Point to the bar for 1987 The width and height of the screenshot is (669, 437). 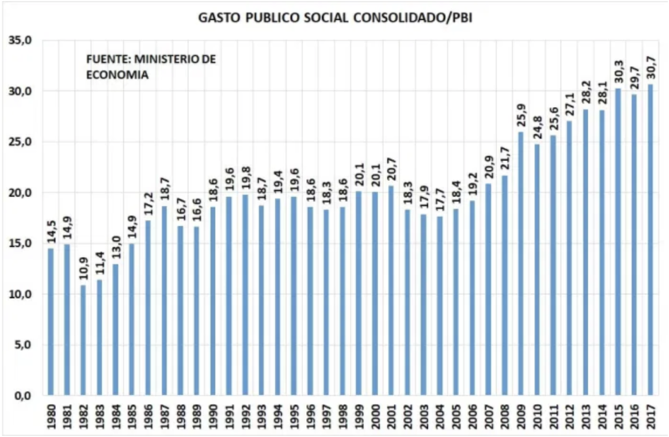point(164,301)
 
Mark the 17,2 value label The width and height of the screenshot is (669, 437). point(148,206)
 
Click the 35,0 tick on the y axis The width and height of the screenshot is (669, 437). point(19,40)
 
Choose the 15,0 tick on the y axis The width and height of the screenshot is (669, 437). point(19,244)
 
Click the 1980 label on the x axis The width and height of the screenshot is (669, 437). point(50,416)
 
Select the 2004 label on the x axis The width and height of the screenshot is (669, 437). point(439,416)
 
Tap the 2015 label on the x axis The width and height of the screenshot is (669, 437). point(617,416)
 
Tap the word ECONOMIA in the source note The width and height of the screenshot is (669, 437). point(118,75)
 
